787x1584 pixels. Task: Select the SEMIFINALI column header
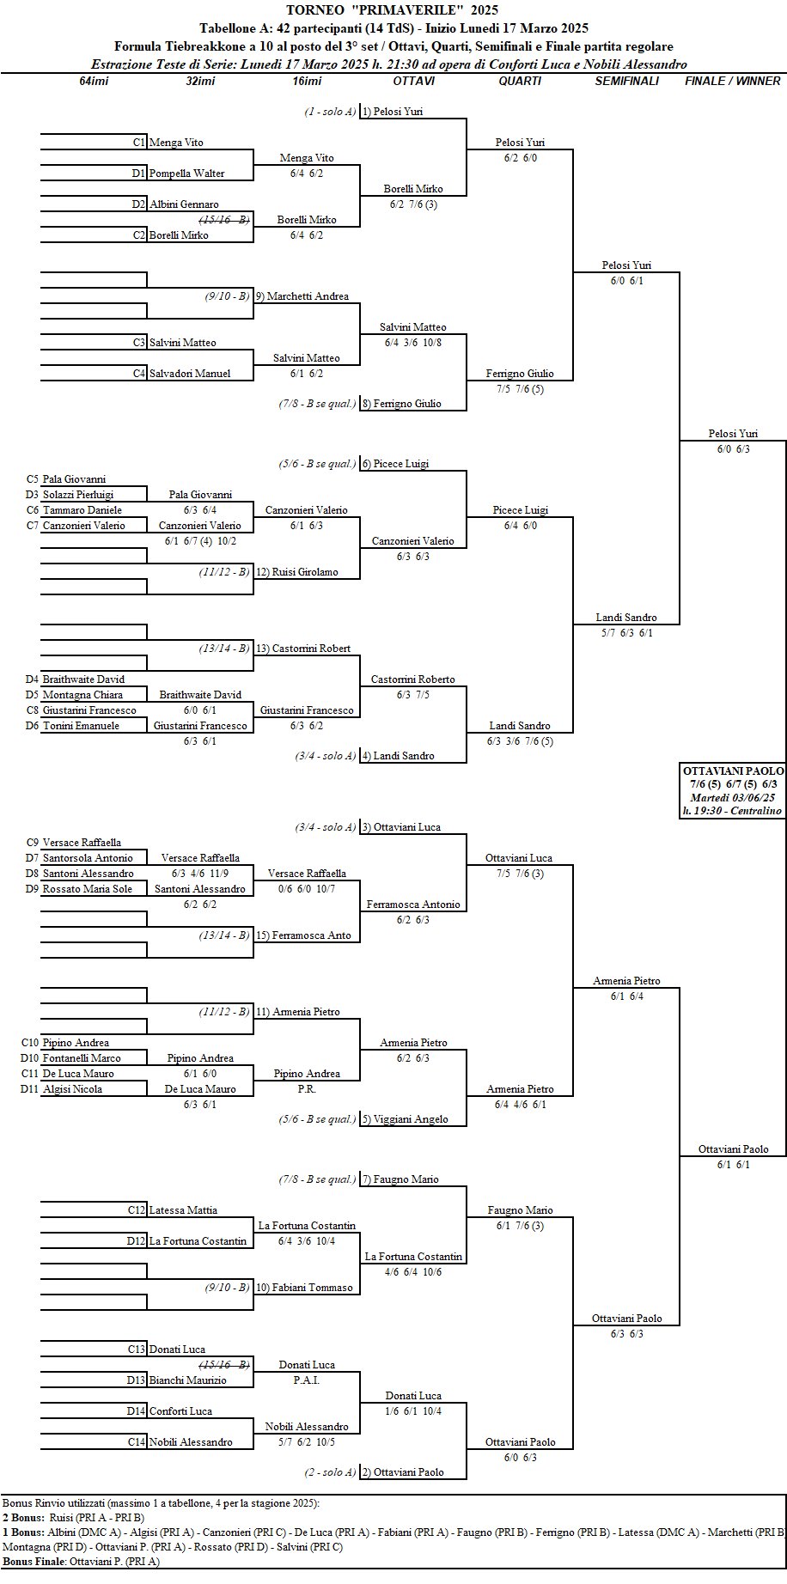(627, 81)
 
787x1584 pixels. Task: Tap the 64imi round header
(94, 81)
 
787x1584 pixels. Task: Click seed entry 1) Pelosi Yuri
(393, 112)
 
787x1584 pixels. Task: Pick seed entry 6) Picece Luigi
(395, 464)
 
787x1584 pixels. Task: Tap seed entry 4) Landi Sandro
(398, 756)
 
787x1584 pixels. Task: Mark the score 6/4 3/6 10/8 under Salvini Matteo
(413, 342)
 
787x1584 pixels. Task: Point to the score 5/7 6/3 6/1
(626, 633)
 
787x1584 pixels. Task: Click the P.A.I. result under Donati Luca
(307, 1380)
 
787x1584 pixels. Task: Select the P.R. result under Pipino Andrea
(307, 1089)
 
